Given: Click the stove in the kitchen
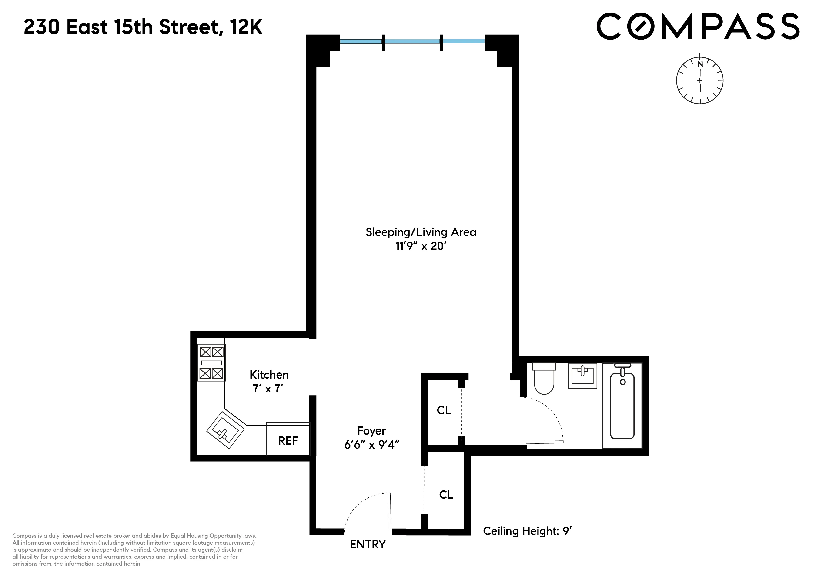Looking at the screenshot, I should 211,363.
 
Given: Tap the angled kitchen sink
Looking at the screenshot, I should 225,429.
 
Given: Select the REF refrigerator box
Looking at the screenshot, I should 288,440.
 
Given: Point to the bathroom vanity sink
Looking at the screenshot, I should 582,375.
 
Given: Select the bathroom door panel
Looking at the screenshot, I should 545,442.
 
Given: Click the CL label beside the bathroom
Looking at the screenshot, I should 444,410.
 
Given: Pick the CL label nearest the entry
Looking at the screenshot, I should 446,494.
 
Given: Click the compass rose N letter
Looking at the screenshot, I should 700,64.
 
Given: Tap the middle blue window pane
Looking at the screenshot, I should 412,41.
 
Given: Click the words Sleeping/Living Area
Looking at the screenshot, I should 421,232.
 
